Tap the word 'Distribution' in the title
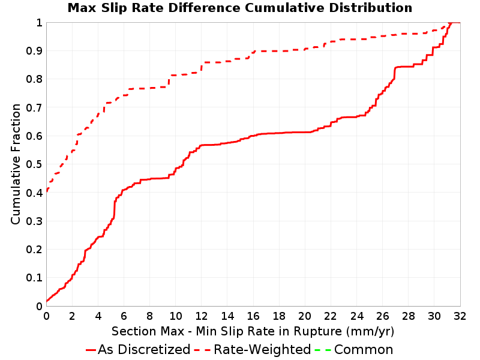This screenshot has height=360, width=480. [371, 8]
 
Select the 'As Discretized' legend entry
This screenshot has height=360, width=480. [138, 349]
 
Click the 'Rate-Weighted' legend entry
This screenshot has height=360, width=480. [253, 349]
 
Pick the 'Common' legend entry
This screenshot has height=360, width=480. [354, 349]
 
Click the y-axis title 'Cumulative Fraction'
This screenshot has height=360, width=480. [16, 164]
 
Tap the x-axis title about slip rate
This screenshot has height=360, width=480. [253, 331]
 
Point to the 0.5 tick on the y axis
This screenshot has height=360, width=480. [34, 164]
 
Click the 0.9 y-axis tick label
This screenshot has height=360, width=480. [34, 51]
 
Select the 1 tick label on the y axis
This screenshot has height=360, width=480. [39, 23]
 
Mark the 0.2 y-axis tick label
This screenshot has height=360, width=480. [34, 250]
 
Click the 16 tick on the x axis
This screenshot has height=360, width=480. [253, 316]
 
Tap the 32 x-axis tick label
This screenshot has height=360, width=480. [460, 316]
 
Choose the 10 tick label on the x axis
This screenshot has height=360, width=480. [176, 316]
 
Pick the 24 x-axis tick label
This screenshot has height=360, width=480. [356, 316]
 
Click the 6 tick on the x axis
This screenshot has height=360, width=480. [124, 316]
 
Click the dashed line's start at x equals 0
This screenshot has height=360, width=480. [47, 191]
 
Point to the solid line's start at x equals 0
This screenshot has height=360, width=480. [47, 301]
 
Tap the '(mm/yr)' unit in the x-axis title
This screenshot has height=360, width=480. [370, 331]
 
